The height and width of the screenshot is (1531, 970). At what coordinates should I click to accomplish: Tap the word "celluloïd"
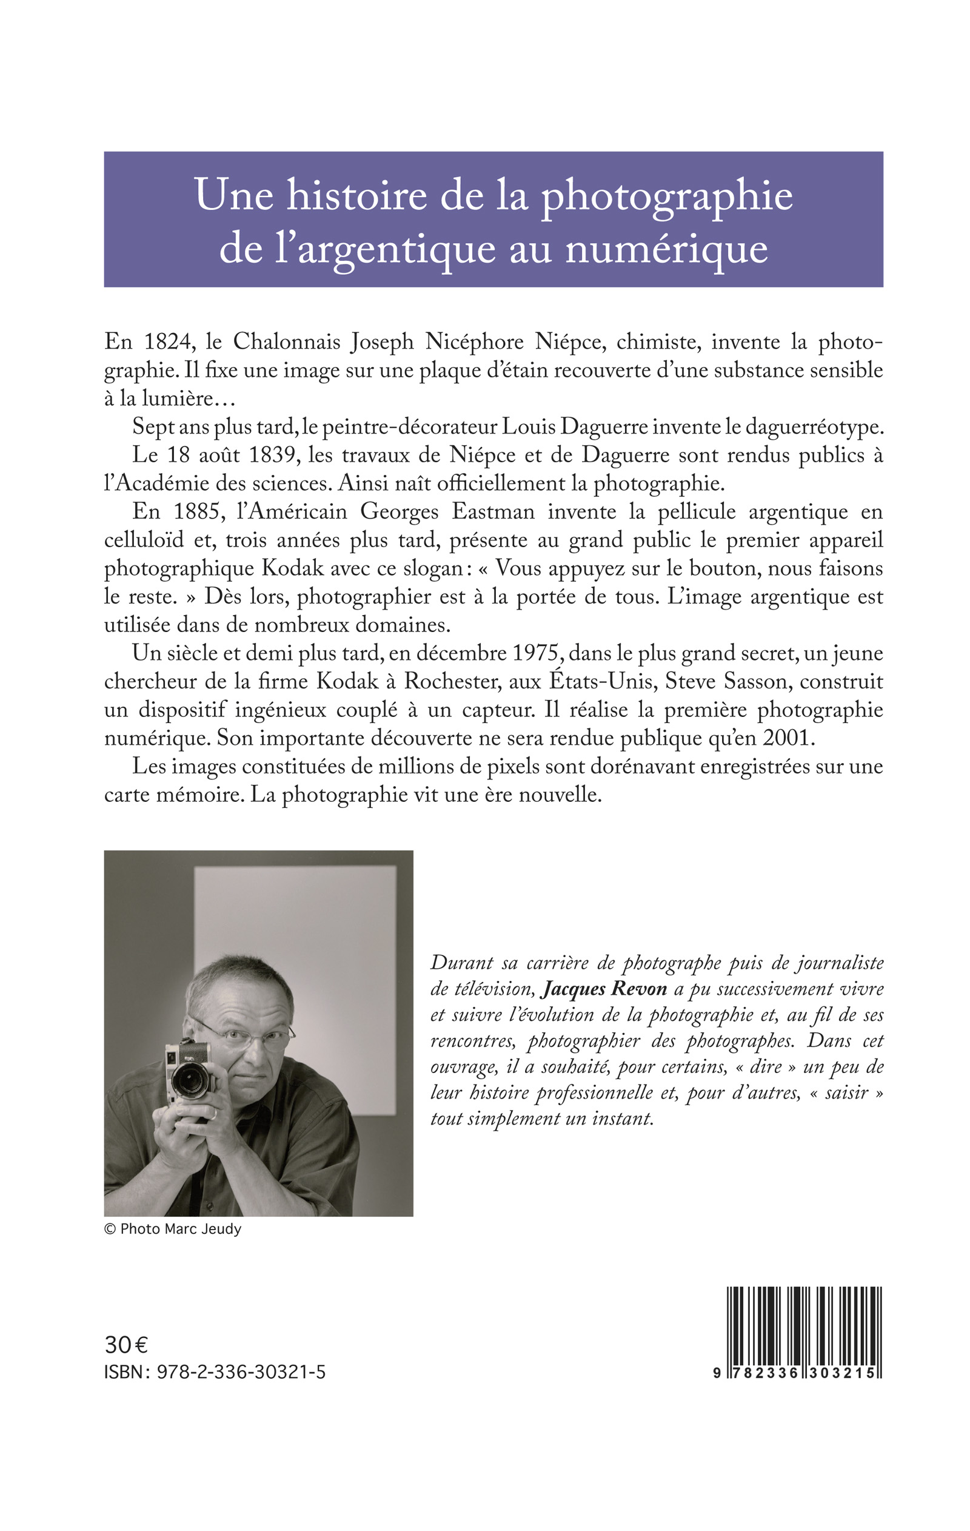pyautogui.click(x=144, y=540)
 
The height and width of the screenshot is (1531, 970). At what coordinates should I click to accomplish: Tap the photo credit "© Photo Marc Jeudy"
pyautogui.click(x=173, y=1229)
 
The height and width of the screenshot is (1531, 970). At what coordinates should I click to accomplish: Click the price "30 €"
pyautogui.click(x=126, y=1345)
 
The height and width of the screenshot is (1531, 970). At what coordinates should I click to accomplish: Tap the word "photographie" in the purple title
pyautogui.click(x=667, y=195)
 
